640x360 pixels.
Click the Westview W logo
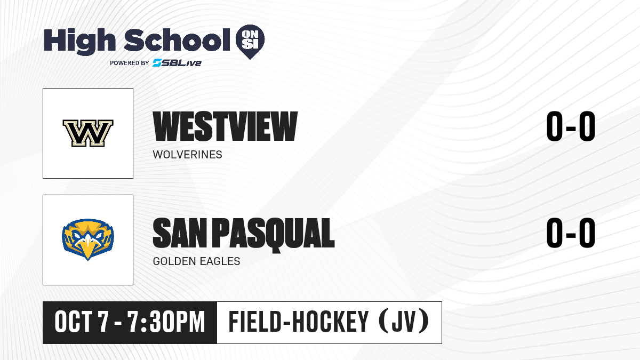click(x=88, y=133)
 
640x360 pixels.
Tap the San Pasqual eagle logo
click(x=88, y=239)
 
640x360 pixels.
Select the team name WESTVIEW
click(x=225, y=126)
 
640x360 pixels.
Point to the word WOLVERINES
click(x=187, y=155)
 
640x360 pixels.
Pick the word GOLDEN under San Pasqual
click(x=174, y=261)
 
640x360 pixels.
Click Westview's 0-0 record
click(x=571, y=126)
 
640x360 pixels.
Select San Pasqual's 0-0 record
click(x=571, y=233)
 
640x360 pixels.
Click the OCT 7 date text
click(x=82, y=322)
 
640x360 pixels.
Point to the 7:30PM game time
click(x=166, y=322)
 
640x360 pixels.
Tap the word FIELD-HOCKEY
click(x=299, y=322)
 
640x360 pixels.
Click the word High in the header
click(x=79, y=42)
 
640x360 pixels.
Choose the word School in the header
click(x=177, y=39)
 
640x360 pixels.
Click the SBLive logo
click(x=177, y=63)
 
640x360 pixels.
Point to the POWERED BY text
click(x=130, y=63)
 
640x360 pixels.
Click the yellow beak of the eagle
click(x=87, y=249)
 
